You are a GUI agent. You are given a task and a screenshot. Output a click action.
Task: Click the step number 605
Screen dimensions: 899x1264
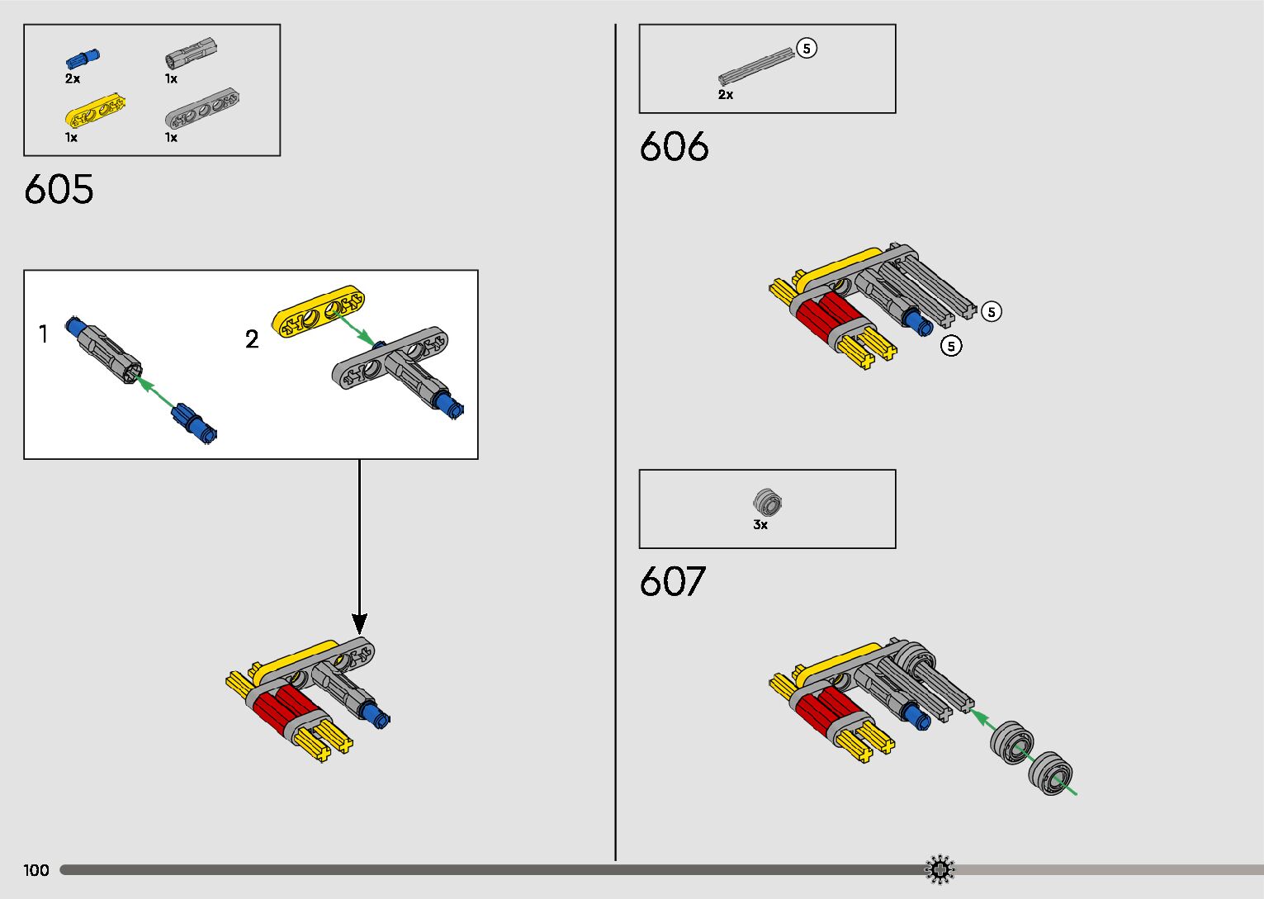59,190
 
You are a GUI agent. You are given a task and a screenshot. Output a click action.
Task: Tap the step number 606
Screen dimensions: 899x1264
674,147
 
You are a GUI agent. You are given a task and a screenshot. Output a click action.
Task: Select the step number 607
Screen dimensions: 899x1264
672,582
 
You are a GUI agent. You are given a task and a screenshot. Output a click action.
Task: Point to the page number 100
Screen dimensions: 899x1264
36,870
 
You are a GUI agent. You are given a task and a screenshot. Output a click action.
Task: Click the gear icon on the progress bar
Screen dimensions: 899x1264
940,869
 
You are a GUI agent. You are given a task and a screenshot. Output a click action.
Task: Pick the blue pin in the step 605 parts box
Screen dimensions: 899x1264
82,59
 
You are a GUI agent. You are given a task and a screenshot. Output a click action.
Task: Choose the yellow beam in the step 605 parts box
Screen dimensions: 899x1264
95,113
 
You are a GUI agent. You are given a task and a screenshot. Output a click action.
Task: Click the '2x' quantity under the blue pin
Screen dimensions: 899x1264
73,79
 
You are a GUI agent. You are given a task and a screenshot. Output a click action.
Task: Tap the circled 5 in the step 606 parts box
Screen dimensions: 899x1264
807,49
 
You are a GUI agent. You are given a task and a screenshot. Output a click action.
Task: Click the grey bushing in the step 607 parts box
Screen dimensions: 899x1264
767,502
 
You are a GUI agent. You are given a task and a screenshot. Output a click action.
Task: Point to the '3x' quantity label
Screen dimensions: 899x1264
760,525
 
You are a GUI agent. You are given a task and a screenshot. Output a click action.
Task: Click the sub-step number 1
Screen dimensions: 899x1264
44,334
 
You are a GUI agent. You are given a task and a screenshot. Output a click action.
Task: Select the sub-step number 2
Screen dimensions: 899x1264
252,339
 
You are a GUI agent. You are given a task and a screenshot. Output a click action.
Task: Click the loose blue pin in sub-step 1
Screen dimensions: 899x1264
194,421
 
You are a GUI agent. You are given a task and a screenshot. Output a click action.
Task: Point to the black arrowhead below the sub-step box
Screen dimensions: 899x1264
359,624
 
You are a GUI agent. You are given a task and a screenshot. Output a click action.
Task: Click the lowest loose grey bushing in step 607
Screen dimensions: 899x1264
1050,774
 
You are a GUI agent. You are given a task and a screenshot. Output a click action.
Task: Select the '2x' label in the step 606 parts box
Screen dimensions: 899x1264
726,95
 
